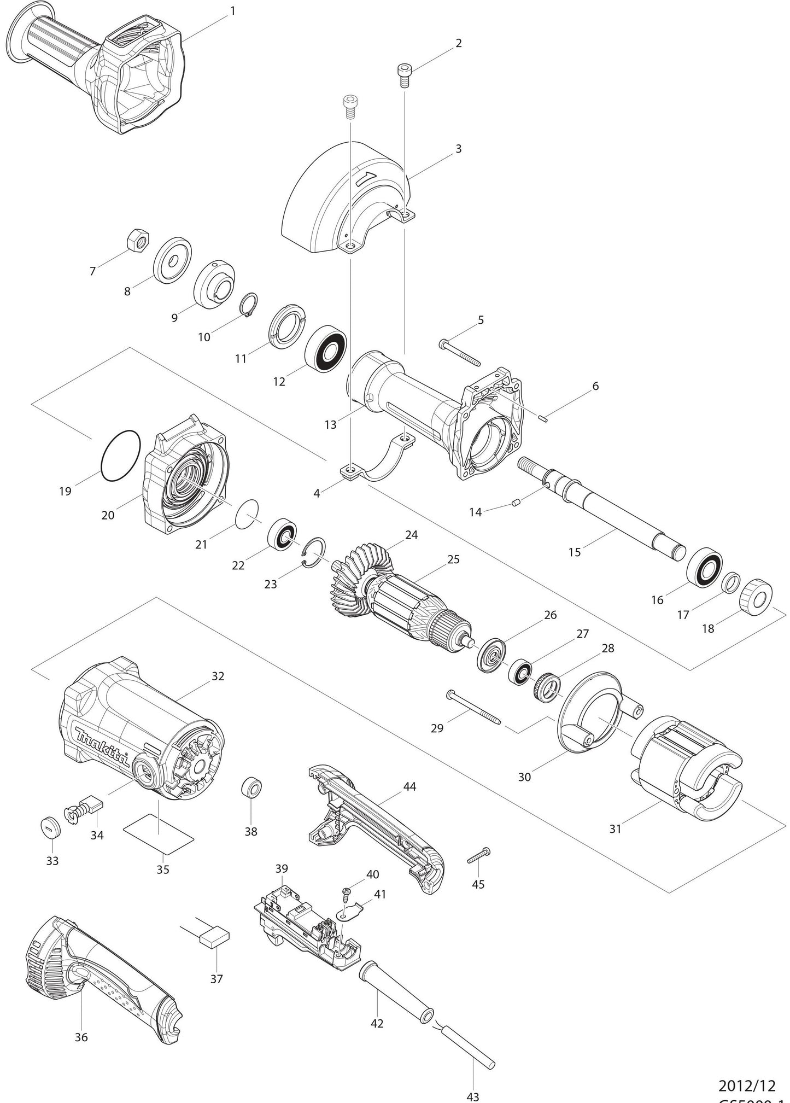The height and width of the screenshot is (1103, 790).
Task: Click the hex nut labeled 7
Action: [x=137, y=240]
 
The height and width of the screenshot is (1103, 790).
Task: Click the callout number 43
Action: [x=473, y=1096]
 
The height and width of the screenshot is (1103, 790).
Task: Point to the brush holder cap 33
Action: [x=50, y=828]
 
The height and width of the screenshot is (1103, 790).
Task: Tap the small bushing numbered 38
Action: [x=251, y=788]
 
